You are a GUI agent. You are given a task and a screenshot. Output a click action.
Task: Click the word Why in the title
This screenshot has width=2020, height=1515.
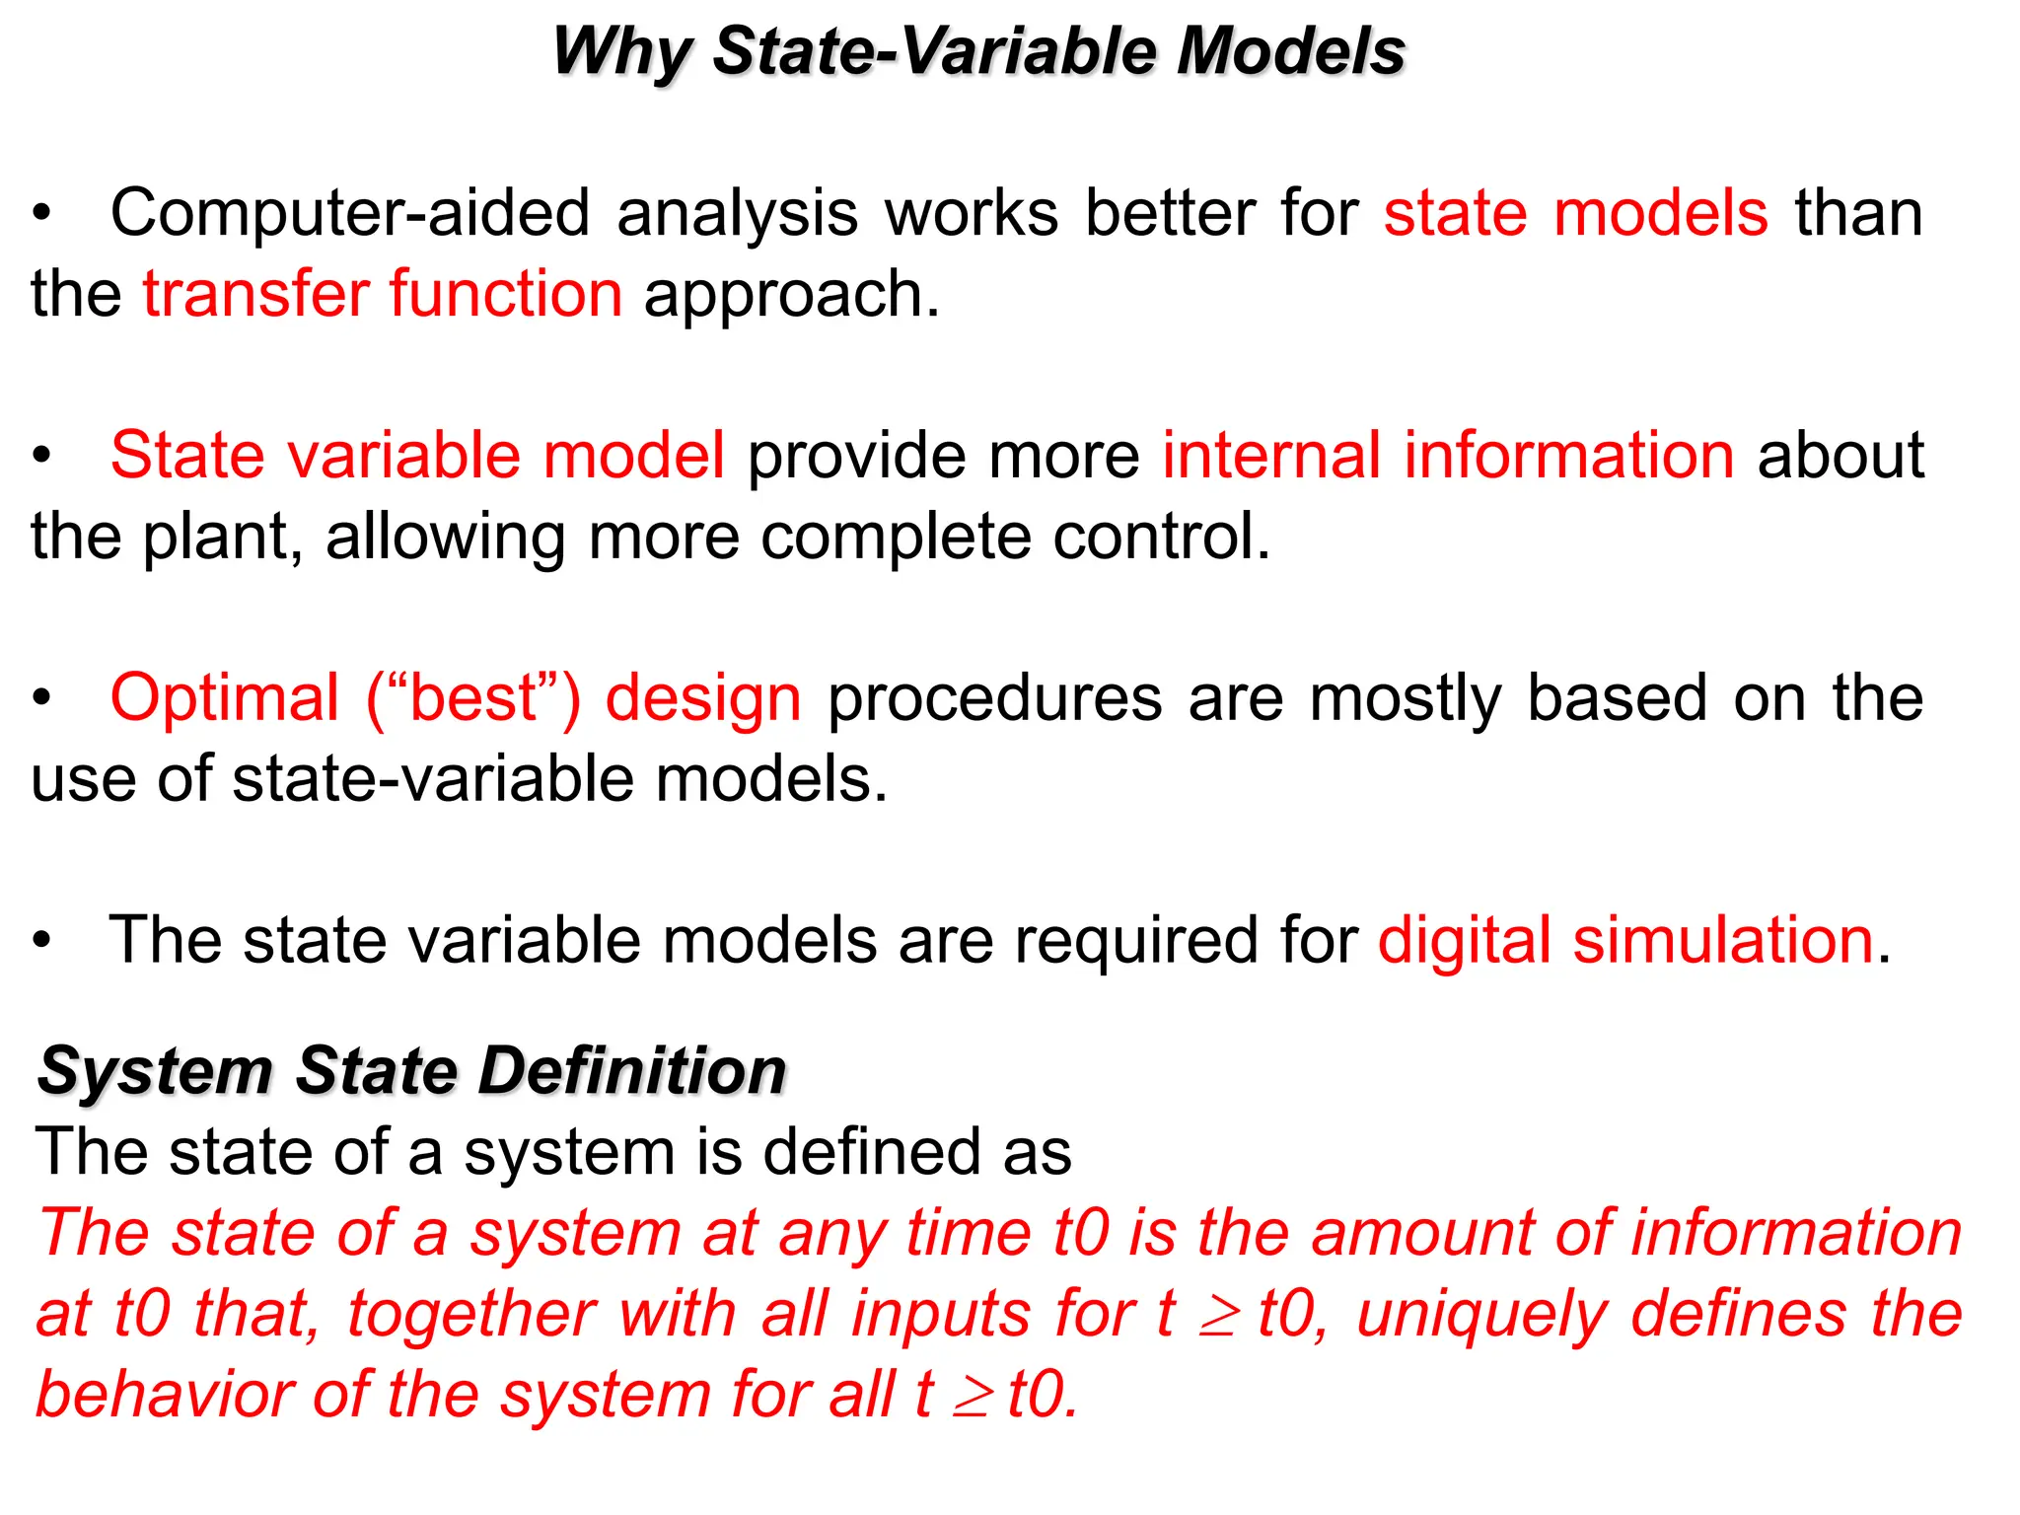coord(621,51)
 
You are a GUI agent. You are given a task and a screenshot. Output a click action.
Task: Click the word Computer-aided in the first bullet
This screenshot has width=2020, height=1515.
coord(350,214)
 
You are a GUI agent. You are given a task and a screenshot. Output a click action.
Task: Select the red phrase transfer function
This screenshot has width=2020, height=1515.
coord(383,294)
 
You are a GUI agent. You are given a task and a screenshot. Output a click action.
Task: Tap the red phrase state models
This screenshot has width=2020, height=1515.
coord(1575,214)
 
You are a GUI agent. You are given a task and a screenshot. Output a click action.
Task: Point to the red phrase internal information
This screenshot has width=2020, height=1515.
coord(1447,456)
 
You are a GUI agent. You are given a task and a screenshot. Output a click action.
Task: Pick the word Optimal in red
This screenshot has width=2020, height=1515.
coord(225,698)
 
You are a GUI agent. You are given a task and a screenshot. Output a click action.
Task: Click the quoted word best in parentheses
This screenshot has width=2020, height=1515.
coord(473,698)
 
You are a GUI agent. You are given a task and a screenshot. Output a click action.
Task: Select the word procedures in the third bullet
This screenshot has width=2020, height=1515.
coord(994,698)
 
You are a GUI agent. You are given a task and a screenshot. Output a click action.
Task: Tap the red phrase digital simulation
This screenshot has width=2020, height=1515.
coord(1624,940)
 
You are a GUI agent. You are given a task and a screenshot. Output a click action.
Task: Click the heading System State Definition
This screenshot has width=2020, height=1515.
coord(411,1071)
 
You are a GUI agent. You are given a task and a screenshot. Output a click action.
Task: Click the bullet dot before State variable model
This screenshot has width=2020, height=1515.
coord(41,457)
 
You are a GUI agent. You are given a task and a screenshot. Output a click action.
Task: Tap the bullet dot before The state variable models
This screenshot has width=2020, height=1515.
coord(41,941)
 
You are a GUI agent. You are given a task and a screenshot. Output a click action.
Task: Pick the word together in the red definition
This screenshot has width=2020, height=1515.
coord(470,1315)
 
